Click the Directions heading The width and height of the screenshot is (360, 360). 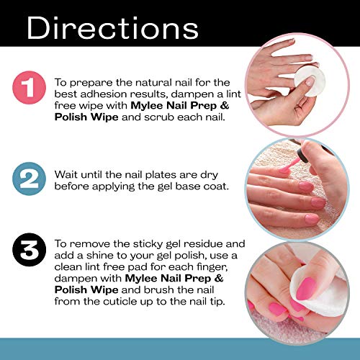[x=112, y=28]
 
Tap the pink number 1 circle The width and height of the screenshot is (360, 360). [x=29, y=88]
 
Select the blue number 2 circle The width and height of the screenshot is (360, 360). [x=29, y=179]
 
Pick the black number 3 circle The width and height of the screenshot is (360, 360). [x=29, y=250]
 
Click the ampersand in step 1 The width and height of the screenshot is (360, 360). [x=224, y=106]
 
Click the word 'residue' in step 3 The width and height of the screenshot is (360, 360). [x=203, y=243]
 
